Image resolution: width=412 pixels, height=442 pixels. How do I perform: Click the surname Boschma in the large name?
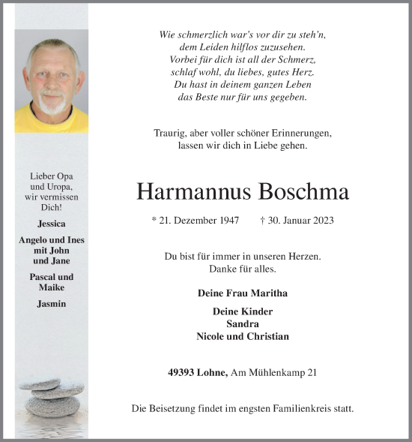[303, 192]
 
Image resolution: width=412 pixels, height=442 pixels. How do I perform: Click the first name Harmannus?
[193, 192]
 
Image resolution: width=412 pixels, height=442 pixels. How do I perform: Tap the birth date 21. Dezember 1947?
[199, 221]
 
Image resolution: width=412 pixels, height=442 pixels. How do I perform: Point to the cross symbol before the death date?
[261, 220]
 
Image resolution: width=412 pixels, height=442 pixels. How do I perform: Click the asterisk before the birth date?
[154, 220]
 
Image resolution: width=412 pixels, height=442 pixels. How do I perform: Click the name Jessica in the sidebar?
[51, 224]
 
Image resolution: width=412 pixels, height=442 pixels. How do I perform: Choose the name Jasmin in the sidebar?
[51, 303]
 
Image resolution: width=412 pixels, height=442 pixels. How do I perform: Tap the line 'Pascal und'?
[51, 277]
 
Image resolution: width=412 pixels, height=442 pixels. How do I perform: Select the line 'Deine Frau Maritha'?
[243, 293]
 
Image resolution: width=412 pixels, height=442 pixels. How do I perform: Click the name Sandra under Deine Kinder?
[242, 323]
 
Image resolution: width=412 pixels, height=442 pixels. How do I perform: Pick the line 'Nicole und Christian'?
[242, 336]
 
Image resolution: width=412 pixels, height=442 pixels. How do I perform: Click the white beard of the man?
[52, 106]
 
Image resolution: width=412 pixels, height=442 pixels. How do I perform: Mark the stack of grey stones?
[51, 398]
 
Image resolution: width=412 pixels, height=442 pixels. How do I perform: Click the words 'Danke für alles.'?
[242, 269]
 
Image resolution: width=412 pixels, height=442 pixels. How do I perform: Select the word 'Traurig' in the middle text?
[169, 133]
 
